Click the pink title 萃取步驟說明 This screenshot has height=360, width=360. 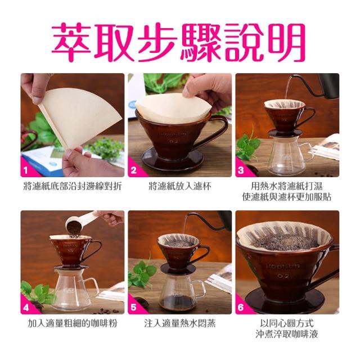[x=179, y=43]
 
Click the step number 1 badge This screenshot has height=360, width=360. [x=25, y=170]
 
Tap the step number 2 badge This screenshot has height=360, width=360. [x=133, y=170]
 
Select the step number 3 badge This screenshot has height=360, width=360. [x=241, y=170]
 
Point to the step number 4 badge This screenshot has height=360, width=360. [x=26, y=307]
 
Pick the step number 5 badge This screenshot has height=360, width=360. [x=133, y=307]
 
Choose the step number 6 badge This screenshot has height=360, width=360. [x=241, y=307]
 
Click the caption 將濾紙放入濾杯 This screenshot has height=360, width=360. [x=180, y=186]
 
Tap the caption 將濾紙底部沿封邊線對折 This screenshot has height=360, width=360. [x=73, y=186]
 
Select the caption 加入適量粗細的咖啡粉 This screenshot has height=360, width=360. [x=73, y=323]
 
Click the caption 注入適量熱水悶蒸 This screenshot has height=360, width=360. [x=180, y=323]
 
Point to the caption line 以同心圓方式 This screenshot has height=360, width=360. [x=287, y=323]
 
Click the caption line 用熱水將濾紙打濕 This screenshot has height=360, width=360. [x=287, y=186]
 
